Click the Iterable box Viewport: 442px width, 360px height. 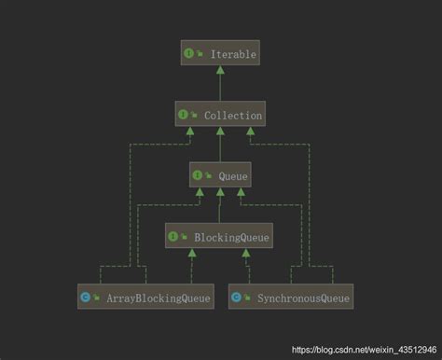(219, 55)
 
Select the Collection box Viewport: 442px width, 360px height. (219, 115)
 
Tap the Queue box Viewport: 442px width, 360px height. (219, 173)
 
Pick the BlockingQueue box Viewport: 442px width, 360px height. (219, 237)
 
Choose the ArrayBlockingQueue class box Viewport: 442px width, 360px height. (145, 298)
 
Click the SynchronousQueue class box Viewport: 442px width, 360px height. (291, 298)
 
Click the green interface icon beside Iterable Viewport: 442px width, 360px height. (188, 55)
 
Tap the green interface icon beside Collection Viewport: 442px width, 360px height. (183, 115)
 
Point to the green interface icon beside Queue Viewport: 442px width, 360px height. (199, 173)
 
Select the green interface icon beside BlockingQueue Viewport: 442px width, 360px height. (174, 237)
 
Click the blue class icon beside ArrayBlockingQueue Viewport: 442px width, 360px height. (86, 298)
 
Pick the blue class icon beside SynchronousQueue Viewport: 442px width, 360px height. (237, 298)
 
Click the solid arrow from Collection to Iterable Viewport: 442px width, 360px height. (219, 85)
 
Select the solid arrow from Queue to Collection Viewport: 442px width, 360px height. (219, 145)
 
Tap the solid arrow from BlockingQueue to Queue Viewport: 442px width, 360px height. (219, 205)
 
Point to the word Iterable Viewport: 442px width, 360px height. (229, 55)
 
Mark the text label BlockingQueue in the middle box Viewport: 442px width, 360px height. (231, 237)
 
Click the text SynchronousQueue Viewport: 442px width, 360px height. (302, 298)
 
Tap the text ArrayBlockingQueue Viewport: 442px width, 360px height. (157, 298)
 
